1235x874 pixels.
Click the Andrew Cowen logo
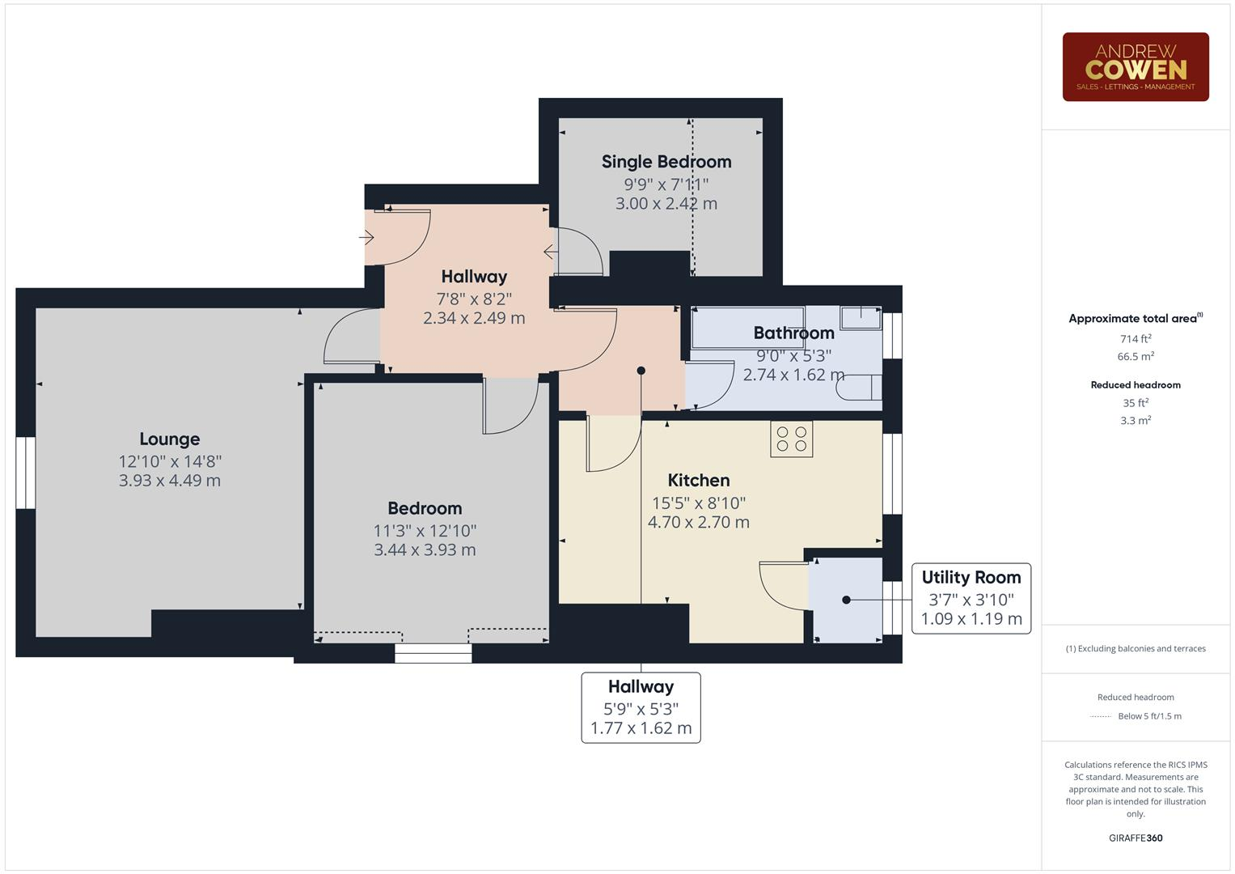1136,66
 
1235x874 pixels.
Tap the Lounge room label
170,439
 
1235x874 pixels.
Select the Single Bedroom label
666,162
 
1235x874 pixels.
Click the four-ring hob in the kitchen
791,439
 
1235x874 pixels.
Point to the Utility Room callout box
971,598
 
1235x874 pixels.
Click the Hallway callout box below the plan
641,707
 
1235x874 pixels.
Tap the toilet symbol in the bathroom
858,387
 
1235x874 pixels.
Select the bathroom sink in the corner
861,318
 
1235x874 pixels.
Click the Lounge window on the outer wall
25,473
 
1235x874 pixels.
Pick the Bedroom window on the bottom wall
434,653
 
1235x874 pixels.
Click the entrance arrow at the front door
366,237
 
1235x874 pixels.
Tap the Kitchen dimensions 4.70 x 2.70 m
699,522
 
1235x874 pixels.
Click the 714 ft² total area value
1136,339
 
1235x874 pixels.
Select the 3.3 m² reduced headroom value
1136,421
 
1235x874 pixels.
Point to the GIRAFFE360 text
1136,838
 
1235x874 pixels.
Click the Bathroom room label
793,333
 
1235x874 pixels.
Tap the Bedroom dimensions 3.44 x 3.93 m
425,549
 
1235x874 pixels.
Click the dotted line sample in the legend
1101,716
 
